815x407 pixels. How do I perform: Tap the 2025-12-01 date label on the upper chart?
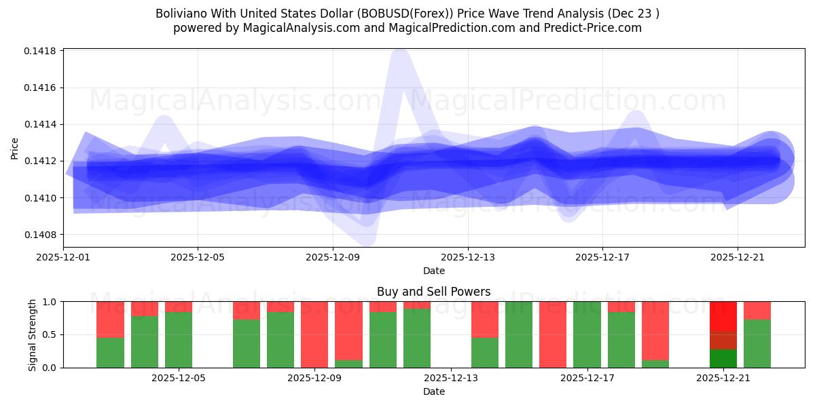(63, 258)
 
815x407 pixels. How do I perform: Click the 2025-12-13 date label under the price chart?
(467, 258)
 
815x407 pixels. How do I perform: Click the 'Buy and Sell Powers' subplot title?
(433, 292)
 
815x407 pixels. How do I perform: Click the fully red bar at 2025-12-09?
(314, 334)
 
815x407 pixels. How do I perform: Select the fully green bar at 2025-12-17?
(587, 334)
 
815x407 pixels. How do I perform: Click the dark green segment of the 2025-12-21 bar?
(723, 358)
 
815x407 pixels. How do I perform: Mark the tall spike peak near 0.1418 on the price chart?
(400, 58)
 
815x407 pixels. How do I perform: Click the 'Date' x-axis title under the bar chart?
(433, 391)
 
